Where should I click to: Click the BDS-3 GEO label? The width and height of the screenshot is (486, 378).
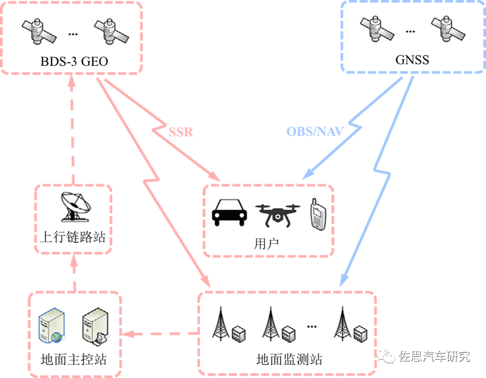point(74,61)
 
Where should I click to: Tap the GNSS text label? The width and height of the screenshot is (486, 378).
point(412,60)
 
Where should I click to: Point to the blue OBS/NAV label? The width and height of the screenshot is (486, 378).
point(315,132)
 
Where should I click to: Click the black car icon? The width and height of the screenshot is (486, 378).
point(229,213)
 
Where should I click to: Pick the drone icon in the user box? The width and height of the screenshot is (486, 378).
point(276,215)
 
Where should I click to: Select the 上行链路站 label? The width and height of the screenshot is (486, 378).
point(73,237)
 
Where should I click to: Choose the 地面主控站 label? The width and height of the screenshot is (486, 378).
point(74,359)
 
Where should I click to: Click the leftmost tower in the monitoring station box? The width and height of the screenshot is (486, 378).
point(221,323)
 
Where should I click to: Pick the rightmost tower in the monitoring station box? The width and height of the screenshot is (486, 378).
point(342,323)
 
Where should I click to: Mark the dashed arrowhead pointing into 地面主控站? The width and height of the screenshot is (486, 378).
point(127,333)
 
